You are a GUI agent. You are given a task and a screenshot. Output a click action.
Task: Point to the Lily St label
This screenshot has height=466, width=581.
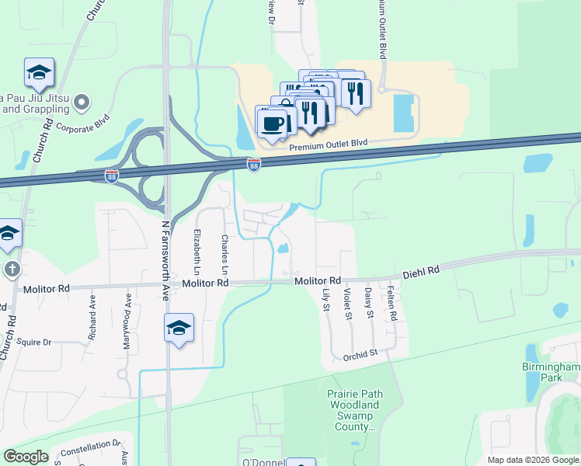(326, 301)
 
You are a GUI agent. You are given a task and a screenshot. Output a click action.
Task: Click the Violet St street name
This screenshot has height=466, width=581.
(348, 304)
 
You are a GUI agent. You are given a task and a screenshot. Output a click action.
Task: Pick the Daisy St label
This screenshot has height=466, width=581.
(369, 303)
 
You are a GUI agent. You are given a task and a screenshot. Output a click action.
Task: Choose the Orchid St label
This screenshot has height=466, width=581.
(360, 353)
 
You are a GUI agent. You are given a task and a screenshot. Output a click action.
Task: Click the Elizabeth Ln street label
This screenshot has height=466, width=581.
(197, 253)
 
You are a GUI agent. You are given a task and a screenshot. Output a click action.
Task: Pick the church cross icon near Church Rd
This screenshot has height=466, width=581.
(12, 270)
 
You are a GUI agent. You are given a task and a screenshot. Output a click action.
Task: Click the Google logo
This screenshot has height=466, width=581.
(26, 457)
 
